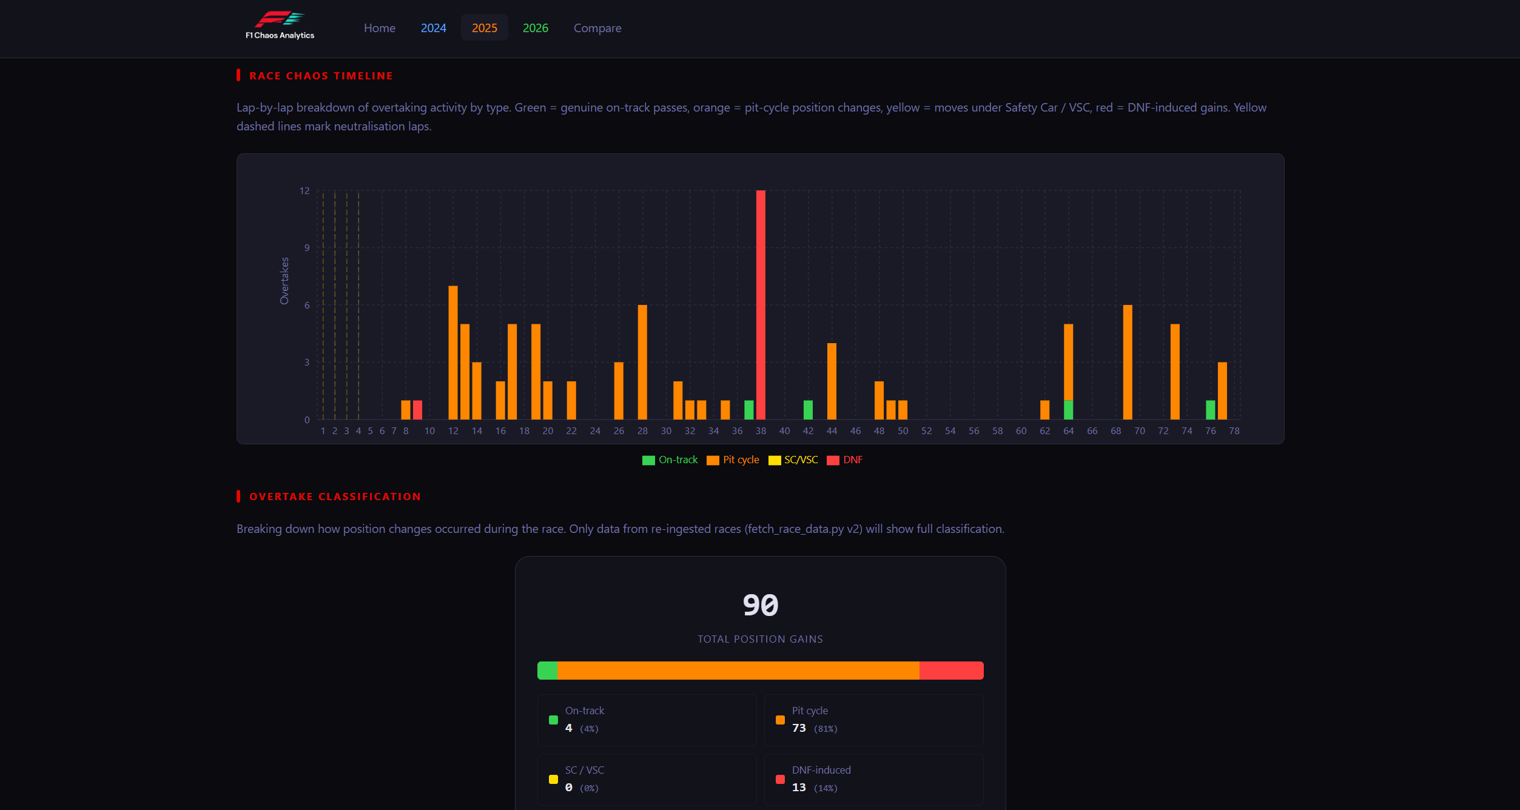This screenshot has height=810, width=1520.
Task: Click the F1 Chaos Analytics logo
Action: tap(280, 26)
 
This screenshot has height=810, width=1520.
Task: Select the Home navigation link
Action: tap(379, 28)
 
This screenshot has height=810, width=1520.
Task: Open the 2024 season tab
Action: tap(433, 28)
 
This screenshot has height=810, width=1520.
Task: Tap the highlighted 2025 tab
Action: tap(484, 28)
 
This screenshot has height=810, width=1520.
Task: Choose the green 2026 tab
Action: tap(535, 28)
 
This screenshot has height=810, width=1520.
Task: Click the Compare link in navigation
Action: tap(597, 28)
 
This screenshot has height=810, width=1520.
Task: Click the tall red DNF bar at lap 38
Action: tap(761, 303)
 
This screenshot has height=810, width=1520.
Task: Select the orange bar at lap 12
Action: tap(453, 352)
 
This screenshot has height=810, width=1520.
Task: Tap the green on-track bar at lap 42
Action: tap(808, 410)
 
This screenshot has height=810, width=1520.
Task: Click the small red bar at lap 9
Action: tap(417, 410)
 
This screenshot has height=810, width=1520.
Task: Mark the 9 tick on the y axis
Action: tap(307, 247)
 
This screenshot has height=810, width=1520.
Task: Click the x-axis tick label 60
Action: tap(1021, 431)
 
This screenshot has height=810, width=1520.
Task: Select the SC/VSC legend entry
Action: tap(793, 460)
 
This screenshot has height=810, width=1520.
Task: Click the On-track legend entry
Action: tap(670, 460)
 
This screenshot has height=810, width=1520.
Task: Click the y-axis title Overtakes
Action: tap(284, 281)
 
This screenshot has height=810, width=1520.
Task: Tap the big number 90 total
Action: tap(760, 605)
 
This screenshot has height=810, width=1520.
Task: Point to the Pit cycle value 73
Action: tap(799, 728)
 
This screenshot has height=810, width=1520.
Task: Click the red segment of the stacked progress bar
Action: tap(951, 671)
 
